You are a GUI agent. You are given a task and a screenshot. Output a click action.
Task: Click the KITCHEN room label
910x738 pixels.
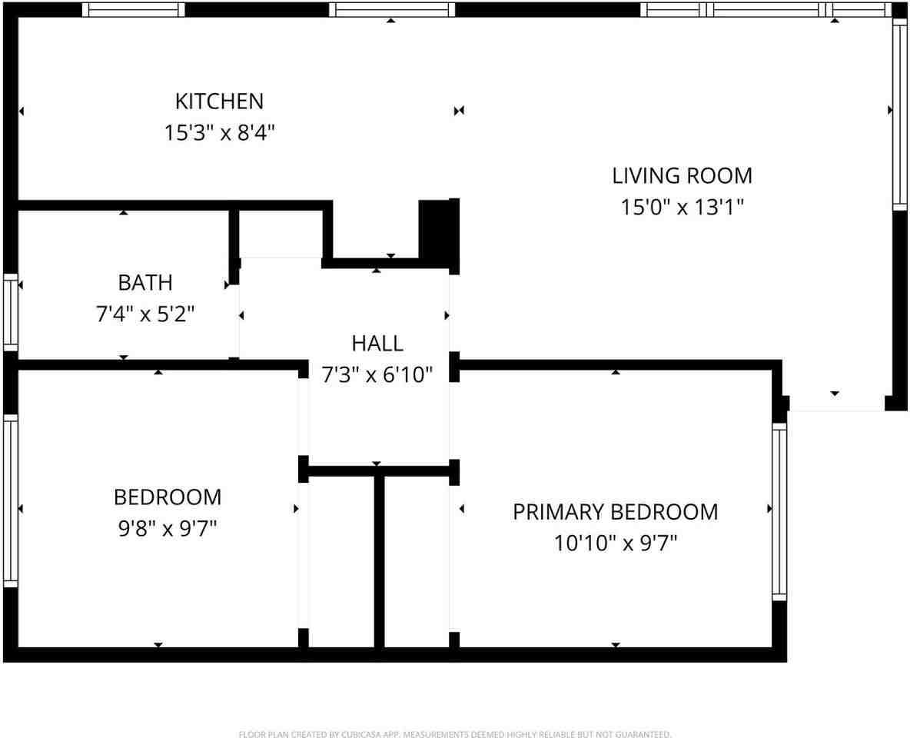click(219, 101)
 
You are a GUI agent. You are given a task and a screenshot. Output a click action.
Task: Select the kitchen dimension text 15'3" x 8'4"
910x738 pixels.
click(219, 133)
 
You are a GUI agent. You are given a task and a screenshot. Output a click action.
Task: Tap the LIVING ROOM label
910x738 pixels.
click(682, 175)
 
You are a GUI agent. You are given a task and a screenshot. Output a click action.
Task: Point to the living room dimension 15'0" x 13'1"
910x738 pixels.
click(682, 208)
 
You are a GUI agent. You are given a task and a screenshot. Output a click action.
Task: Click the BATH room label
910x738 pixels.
click(144, 282)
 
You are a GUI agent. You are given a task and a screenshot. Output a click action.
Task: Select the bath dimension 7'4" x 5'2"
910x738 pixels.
click(144, 314)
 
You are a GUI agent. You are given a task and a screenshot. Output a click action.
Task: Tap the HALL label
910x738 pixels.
click(377, 343)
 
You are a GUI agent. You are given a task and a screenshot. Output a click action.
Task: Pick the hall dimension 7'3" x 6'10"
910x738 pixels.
click(377, 374)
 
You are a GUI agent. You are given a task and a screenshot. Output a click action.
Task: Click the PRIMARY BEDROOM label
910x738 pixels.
click(615, 511)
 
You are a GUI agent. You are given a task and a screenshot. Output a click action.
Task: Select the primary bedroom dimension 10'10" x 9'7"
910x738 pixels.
click(615, 544)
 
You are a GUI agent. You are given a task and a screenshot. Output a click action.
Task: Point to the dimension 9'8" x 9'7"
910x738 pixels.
click(168, 528)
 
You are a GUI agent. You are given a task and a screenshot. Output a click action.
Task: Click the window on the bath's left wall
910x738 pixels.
click(10, 311)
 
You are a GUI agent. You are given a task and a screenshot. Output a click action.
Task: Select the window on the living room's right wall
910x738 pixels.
click(898, 114)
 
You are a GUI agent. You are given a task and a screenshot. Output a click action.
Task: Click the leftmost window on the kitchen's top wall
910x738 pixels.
click(134, 9)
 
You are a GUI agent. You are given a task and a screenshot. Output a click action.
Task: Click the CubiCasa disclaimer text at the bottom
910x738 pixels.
click(455, 734)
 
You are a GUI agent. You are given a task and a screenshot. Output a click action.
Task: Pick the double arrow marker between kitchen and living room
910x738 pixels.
click(459, 111)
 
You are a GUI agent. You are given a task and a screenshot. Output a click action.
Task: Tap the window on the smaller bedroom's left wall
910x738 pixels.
click(10, 500)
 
